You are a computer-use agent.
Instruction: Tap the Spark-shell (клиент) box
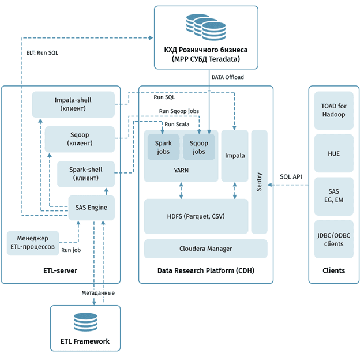(x=85, y=174)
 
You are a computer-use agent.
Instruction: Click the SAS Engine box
(x=91, y=208)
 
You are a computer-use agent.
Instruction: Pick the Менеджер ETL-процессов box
(x=32, y=242)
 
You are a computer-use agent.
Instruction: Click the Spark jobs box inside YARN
(x=163, y=146)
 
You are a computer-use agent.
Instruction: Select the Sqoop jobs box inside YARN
(x=199, y=146)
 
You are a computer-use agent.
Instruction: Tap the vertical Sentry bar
(x=260, y=182)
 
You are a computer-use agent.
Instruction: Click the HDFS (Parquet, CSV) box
(x=196, y=216)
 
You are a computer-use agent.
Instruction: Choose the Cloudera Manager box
(x=205, y=249)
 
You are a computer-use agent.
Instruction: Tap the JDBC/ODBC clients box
(x=333, y=239)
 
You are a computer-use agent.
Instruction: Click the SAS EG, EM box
(x=333, y=195)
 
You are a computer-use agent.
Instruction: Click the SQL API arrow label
(x=291, y=177)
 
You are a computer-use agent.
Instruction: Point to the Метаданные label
(x=97, y=293)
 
